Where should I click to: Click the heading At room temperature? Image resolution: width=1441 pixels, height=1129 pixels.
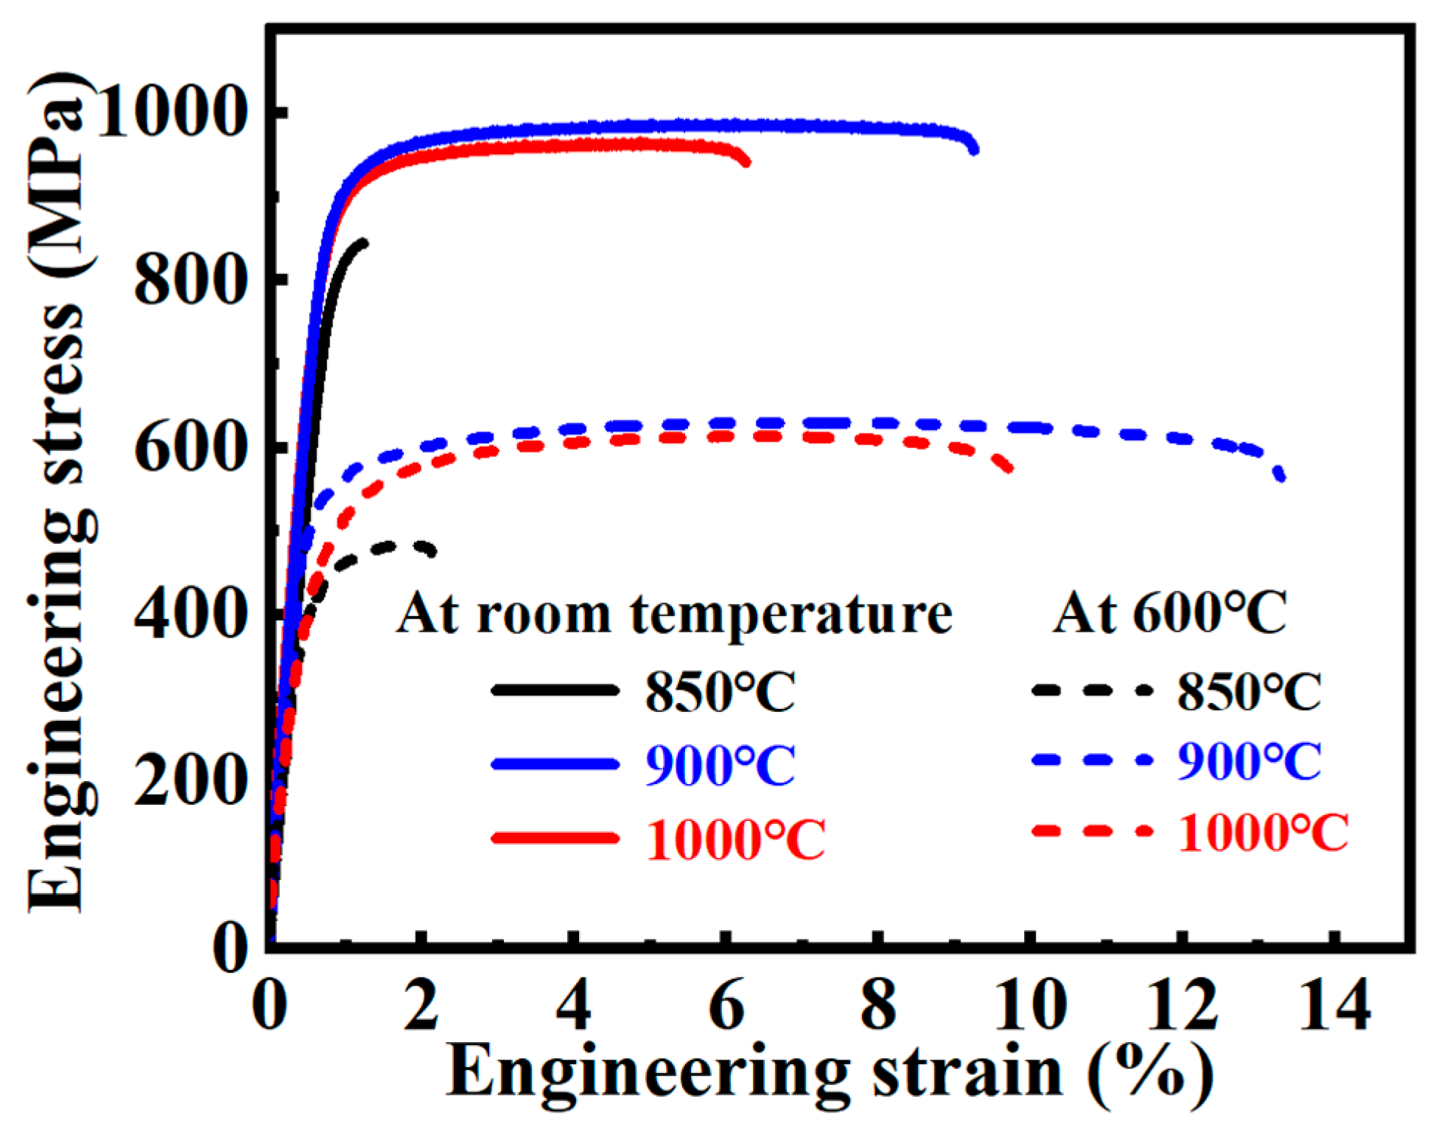(x=674, y=613)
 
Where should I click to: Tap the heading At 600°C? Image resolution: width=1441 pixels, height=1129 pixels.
(x=1170, y=613)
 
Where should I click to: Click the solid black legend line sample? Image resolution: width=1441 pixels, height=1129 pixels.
(x=555, y=690)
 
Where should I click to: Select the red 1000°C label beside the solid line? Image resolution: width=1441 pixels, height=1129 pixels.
(x=735, y=839)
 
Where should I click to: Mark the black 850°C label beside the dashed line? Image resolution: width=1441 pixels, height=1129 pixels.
(x=1249, y=691)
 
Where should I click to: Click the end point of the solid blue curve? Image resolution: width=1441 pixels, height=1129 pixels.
(x=975, y=150)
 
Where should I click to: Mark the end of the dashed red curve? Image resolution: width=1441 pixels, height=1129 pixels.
(x=1009, y=468)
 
